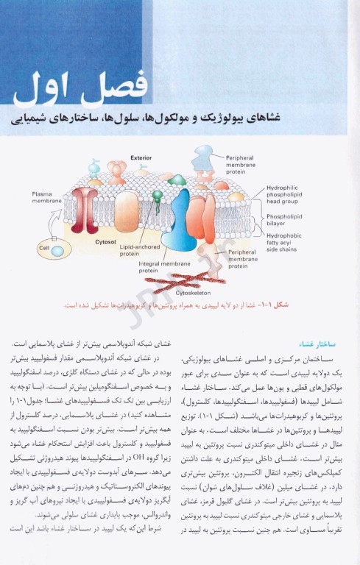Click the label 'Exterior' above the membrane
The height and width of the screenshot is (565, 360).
pyautogui.click(x=141, y=158)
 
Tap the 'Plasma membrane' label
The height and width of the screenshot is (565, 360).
pyautogui.click(x=46, y=198)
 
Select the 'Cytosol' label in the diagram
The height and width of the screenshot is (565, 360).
pyautogui.click(x=107, y=241)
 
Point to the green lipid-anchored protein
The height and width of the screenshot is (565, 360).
pyautogui.click(x=157, y=197)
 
